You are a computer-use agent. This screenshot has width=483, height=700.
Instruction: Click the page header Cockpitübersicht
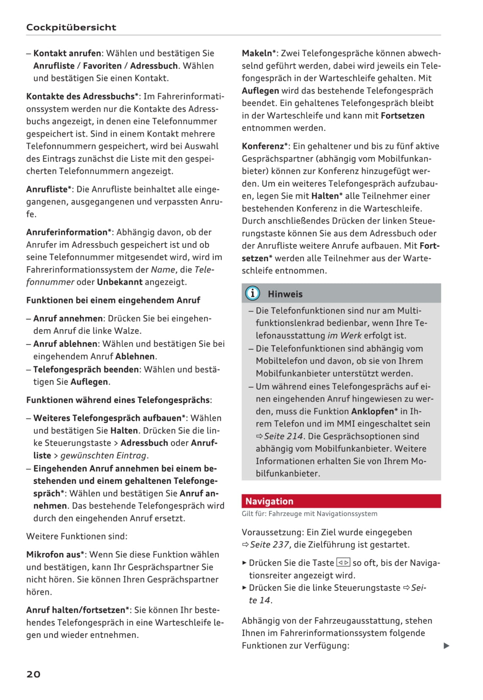71,27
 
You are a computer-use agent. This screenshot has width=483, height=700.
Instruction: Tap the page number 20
33,674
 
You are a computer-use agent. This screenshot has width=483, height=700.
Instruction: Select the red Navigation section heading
269,501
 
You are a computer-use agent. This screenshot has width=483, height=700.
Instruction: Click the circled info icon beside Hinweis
252,293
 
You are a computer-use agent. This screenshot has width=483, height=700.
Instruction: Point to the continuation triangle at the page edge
446,645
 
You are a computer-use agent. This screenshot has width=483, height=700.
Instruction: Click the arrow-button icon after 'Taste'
343,563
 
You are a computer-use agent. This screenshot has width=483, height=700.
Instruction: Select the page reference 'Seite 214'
283,436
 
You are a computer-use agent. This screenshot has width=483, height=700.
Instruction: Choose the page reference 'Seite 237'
269,545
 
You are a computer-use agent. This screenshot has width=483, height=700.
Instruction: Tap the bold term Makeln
257,53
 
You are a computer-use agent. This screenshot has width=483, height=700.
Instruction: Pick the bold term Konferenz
263,146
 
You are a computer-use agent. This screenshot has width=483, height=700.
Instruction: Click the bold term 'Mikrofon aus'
53,554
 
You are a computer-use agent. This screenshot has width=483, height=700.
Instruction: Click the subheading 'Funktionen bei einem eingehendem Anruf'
113,300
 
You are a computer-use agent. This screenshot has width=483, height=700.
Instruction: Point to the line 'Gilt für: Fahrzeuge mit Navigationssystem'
309,514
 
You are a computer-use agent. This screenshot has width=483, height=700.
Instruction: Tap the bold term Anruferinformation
67,232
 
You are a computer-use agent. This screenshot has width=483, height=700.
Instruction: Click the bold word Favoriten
102,66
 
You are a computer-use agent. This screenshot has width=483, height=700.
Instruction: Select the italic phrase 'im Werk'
344,336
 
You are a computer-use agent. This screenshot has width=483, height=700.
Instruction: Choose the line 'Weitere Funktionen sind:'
77,536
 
